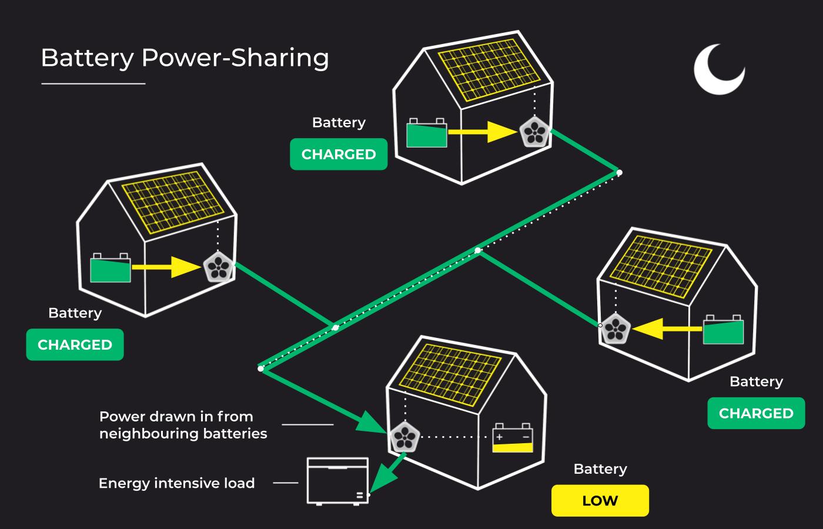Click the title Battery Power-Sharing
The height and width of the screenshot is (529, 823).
[x=185, y=58]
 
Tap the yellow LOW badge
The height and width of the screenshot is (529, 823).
[x=600, y=501]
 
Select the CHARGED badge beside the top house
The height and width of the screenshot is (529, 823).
[x=339, y=154]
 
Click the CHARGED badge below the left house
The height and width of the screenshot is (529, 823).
[x=75, y=344]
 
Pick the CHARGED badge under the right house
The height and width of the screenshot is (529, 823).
[x=756, y=413]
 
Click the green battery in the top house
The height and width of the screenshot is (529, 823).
[x=427, y=133]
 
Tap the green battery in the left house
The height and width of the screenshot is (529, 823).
[x=110, y=269]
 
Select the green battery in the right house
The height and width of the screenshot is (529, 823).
[x=724, y=330]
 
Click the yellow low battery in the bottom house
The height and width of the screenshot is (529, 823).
[x=513, y=438]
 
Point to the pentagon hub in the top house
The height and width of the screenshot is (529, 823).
[x=535, y=133]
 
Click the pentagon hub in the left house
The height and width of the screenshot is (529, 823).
[x=219, y=268]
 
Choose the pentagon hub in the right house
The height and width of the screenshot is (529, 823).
[x=615, y=329]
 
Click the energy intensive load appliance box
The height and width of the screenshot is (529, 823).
[x=337, y=481]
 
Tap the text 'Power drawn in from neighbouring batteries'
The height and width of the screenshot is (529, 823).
[x=183, y=425]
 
